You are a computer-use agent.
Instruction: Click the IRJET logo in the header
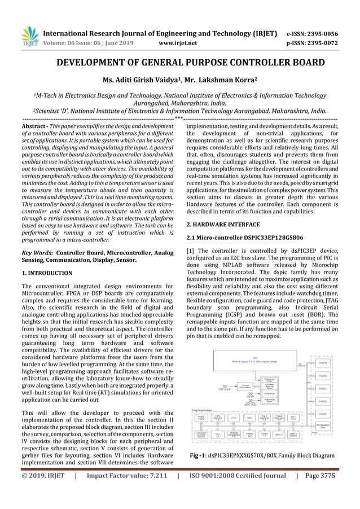point(29,37)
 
